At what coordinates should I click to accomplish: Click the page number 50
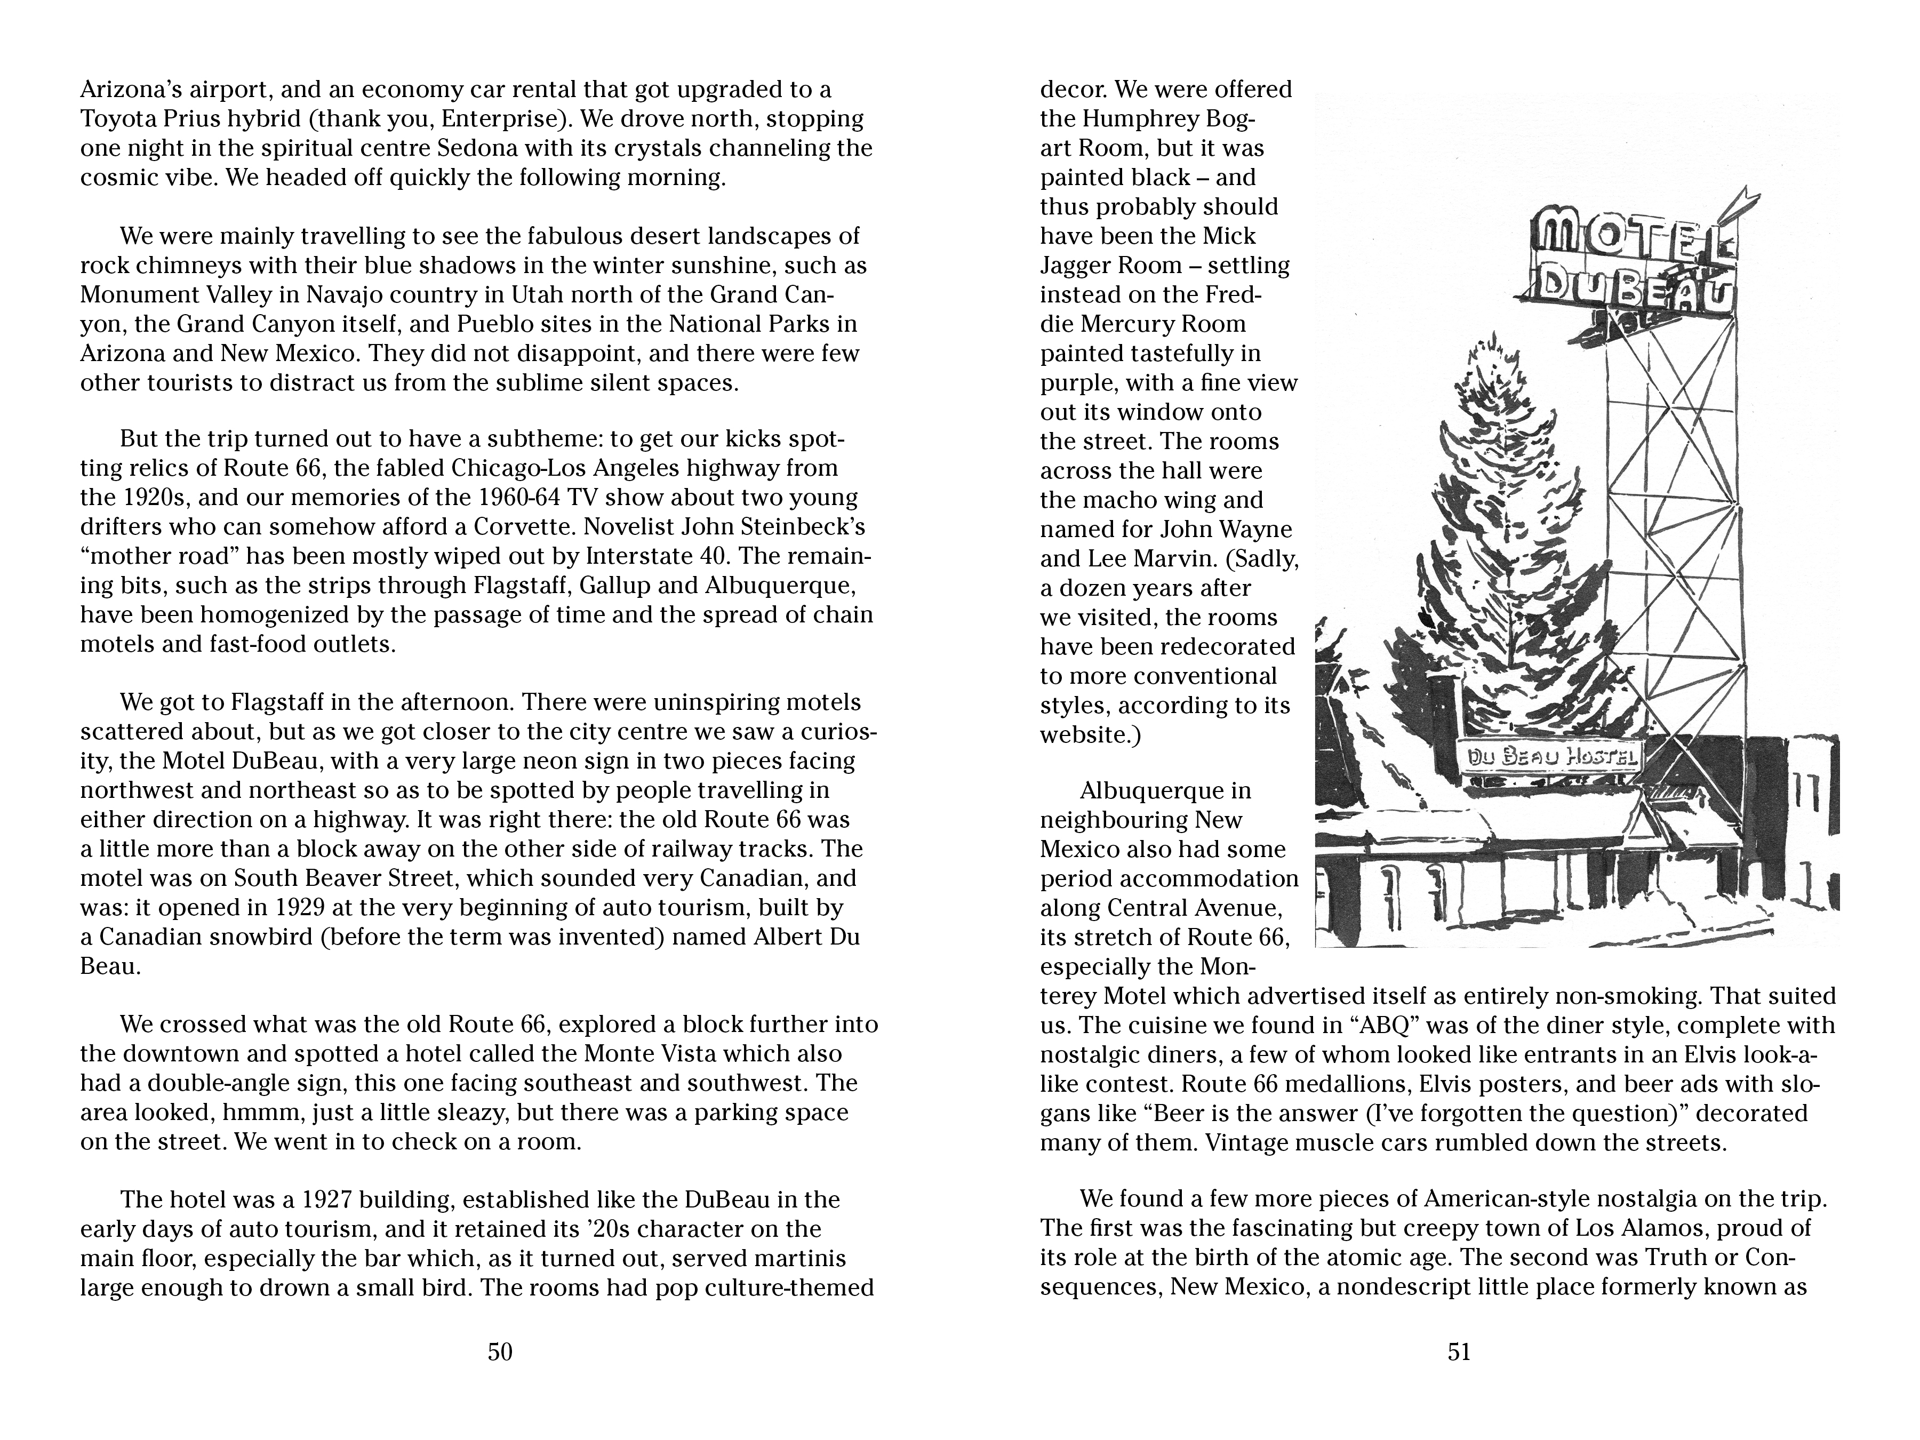[x=500, y=1351]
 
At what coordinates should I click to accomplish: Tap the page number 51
[x=1459, y=1351]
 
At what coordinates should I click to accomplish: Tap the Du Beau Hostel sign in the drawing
[x=1549, y=757]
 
